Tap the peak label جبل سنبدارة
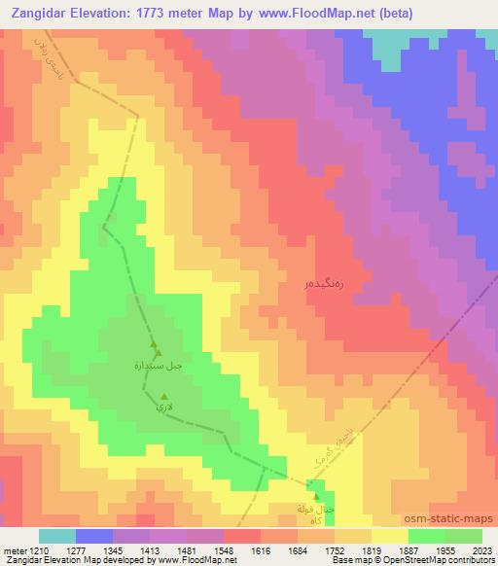[158, 366]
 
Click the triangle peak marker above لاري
[162, 395]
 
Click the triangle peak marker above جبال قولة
[316, 496]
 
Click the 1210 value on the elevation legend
[39, 550]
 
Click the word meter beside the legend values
[14, 550]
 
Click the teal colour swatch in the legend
[56, 536]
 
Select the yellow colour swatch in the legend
[389, 536]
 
